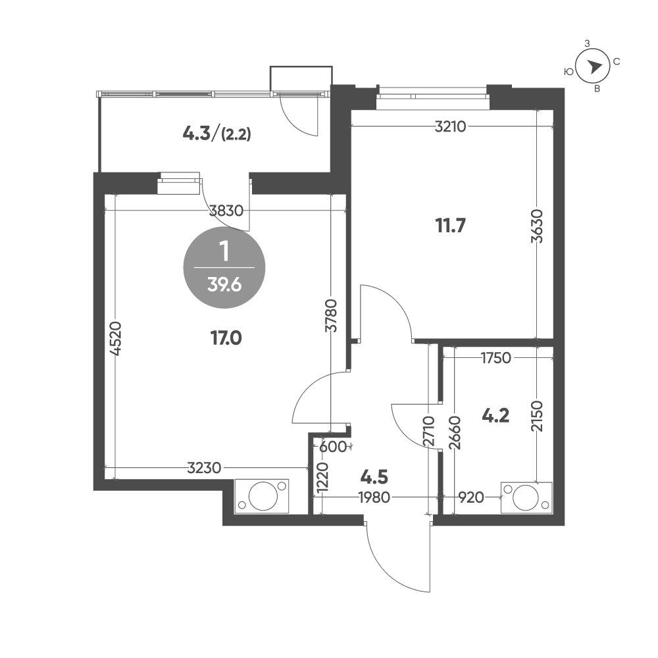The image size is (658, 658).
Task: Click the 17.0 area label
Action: tap(226, 338)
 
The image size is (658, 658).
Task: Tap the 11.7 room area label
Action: tap(451, 226)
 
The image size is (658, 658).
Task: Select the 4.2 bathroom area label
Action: tap(495, 415)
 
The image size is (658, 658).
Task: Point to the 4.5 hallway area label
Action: tap(374, 477)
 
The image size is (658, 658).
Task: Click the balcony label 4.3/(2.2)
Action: tap(217, 134)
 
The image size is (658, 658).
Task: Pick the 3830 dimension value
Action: tap(226, 211)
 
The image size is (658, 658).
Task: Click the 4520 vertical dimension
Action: tap(116, 339)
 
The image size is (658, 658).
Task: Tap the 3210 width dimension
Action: tap(450, 126)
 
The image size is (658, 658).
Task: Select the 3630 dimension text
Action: tap(538, 226)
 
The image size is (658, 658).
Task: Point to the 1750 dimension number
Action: tap(496, 358)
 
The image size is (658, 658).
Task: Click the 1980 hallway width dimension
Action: tap(374, 497)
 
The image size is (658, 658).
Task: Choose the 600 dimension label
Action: tap(333, 447)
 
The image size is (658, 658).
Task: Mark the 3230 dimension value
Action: tap(204, 467)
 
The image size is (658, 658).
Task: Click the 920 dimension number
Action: tap(471, 497)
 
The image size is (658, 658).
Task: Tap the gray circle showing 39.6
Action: tap(224, 268)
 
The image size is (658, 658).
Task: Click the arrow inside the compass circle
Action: tap(594, 66)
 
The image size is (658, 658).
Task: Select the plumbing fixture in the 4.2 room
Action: tap(526, 497)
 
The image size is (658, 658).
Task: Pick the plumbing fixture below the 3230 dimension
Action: tap(262, 496)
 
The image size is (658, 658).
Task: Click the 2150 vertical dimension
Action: tap(538, 417)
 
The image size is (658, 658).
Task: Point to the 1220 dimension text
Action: tap(322, 478)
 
